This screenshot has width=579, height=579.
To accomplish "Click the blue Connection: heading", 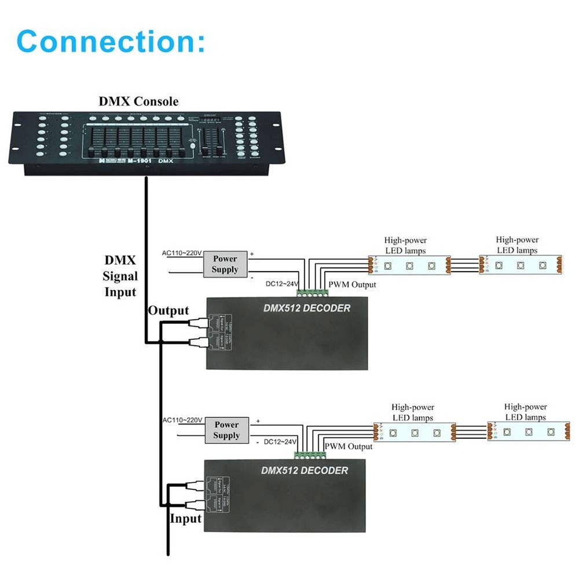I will pyautogui.click(x=111, y=41).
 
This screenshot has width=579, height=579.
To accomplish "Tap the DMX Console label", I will pyautogui.click(x=138, y=101).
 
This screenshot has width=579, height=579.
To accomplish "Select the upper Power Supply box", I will pyautogui.click(x=225, y=264).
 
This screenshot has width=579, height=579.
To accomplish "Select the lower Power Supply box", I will pyautogui.click(x=226, y=430).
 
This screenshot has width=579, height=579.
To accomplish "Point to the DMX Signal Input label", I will pyautogui.click(x=120, y=276).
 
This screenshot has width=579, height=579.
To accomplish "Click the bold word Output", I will pyautogui.click(x=168, y=311).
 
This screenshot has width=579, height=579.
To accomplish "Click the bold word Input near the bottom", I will pyautogui.click(x=185, y=518).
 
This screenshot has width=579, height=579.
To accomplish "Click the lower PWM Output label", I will pyautogui.click(x=348, y=446).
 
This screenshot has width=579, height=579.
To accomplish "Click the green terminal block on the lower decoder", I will pyautogui.click(x=308, y=455).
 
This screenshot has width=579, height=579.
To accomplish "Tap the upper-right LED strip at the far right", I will pyautogui.click(x=521, y=265).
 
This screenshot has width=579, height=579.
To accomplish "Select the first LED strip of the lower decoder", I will pyautogui.click(x=415, y=432).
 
